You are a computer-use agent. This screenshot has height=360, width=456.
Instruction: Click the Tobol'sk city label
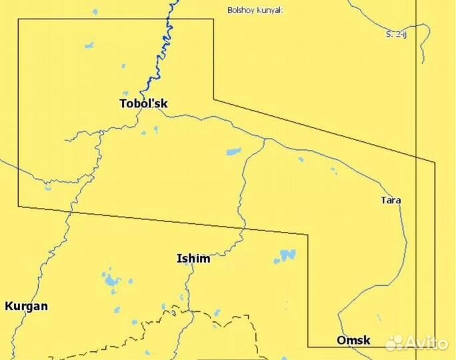(143, 103)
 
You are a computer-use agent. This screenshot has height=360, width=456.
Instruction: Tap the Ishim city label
(193, 258)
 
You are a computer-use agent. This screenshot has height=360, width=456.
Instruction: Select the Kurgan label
(26, 306)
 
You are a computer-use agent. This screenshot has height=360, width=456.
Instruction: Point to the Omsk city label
(353, 340)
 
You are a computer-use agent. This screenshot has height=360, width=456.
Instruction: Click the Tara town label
(391, 199)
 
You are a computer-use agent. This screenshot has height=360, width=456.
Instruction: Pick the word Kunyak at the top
(271, 10)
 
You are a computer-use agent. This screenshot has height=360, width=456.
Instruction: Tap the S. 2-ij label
(396, 34)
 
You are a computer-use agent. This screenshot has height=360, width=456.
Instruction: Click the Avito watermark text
(427, 343)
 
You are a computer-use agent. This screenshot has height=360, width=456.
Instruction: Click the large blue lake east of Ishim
(287, 255)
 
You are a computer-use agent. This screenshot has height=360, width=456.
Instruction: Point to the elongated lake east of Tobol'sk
(234, 151)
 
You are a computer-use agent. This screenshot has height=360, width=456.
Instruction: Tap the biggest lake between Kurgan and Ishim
(109, 281)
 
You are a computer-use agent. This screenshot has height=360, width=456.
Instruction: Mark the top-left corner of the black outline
(18, 19)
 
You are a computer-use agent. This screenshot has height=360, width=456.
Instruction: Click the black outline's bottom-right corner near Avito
(435, 347)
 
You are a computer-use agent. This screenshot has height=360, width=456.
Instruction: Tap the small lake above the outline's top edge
(95, 11)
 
